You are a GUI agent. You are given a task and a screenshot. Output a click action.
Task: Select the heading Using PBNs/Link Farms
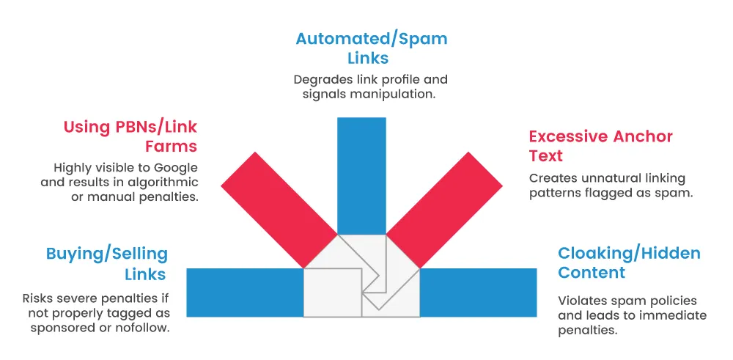point(130,136)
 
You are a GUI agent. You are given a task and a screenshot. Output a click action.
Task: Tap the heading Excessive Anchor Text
point(600,146)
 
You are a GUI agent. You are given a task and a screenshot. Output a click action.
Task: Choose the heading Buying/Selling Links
point(107,264)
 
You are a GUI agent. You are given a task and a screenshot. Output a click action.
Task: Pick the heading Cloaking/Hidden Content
point(629,262)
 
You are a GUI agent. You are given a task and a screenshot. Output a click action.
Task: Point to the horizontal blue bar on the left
point(245,293)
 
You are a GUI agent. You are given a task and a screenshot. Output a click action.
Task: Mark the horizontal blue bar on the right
point(478,293)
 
